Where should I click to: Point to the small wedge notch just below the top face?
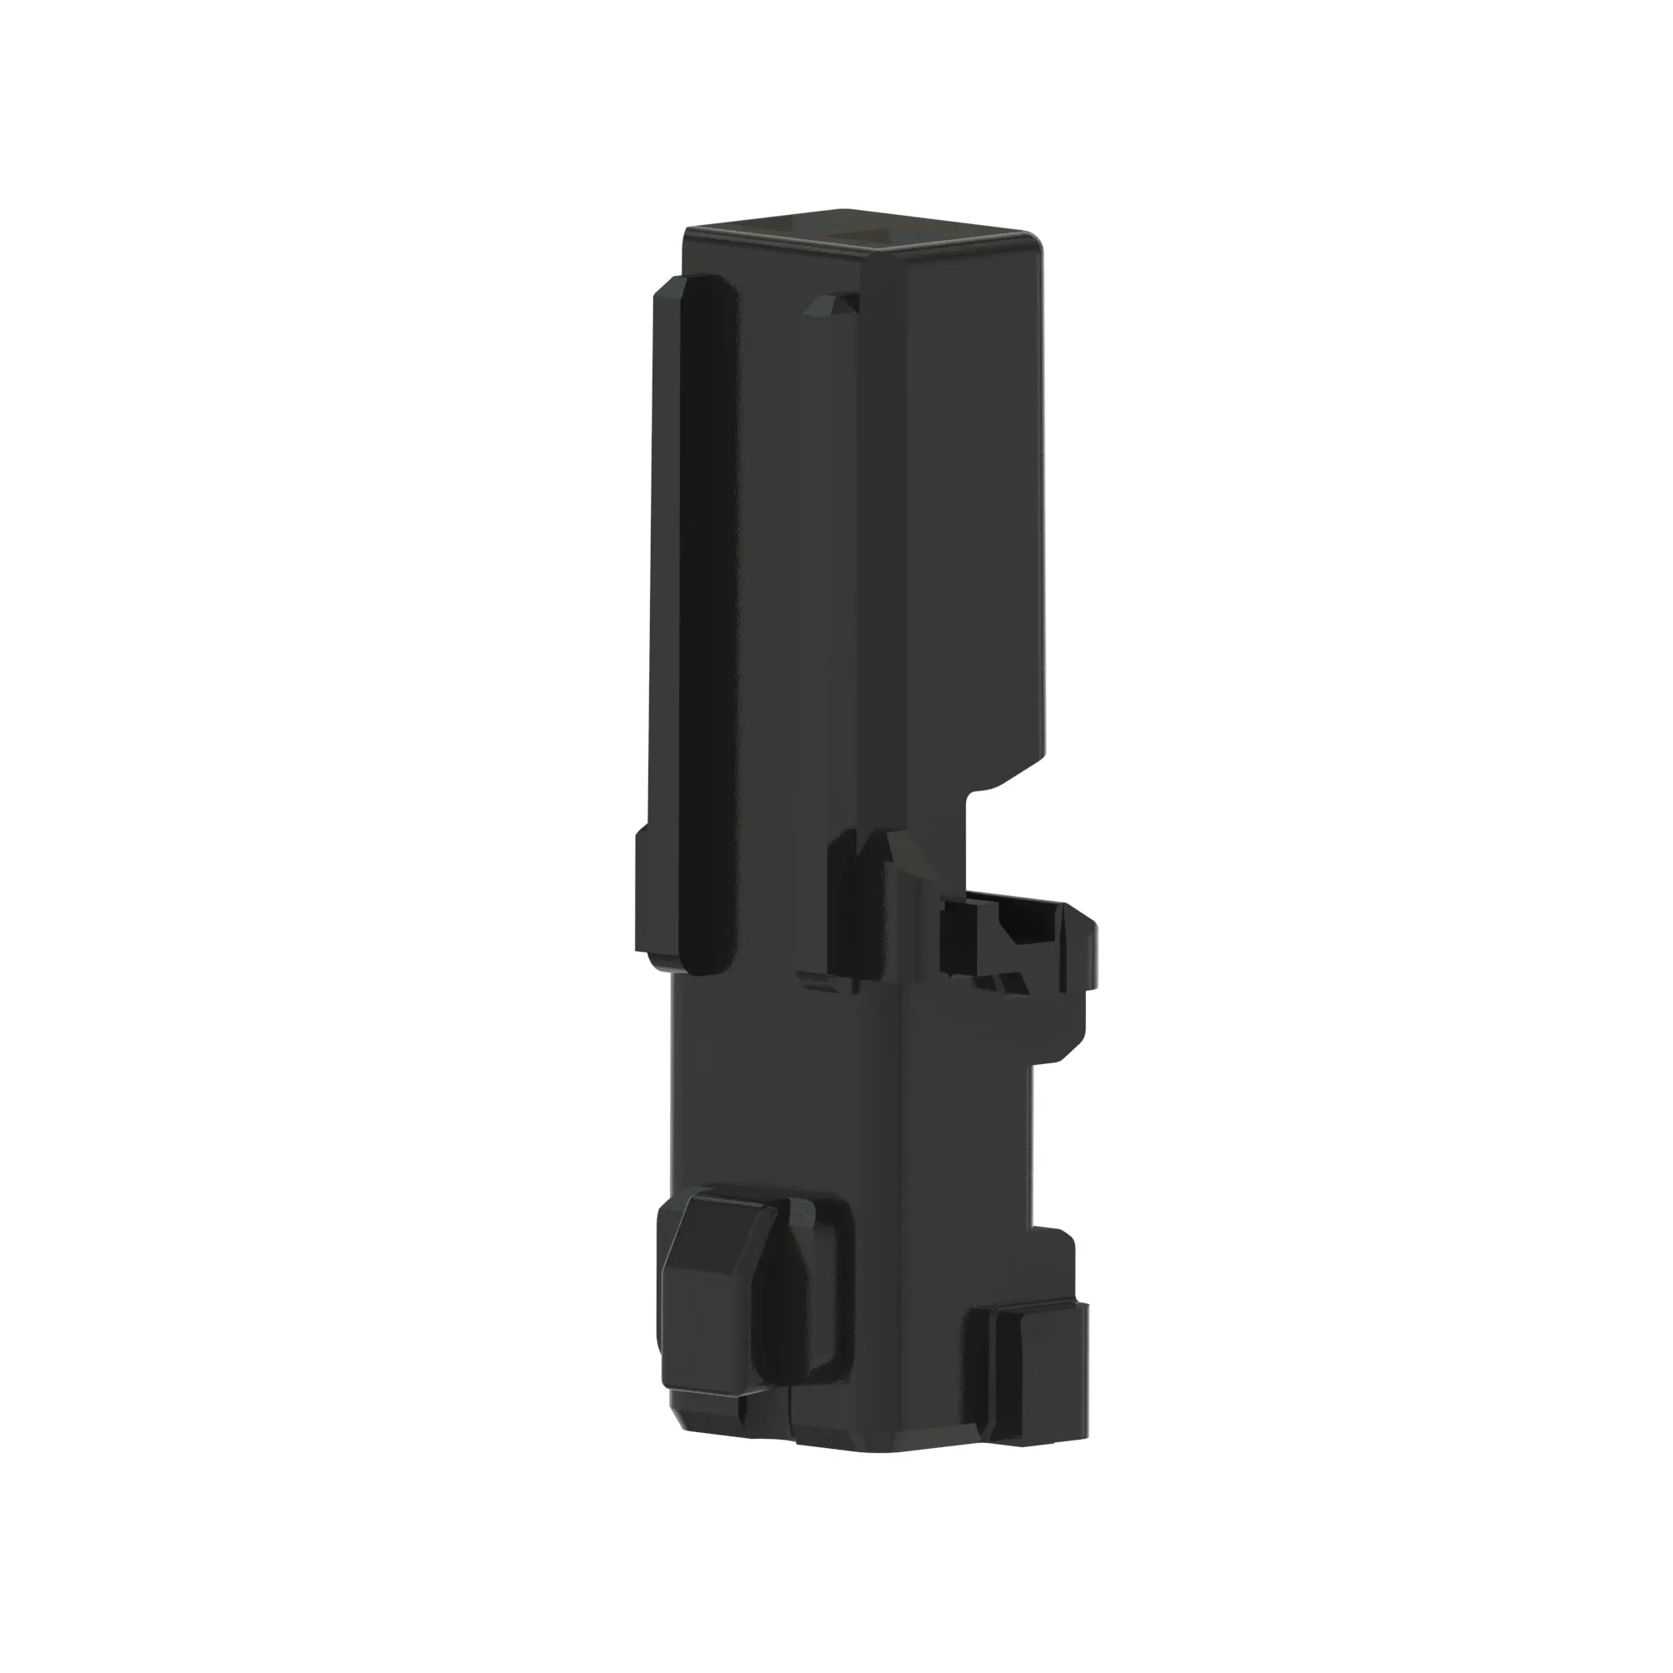point(833,304)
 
